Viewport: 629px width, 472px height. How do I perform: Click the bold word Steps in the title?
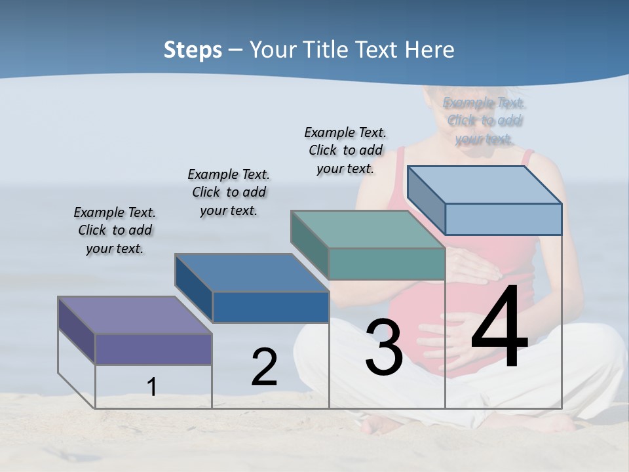(193, 50)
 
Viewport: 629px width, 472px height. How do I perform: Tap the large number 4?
(499, 328)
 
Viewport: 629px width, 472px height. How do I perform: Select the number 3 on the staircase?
(383, 347)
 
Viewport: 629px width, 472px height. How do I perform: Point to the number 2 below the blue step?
(264, 368)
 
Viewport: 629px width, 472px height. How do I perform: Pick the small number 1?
(152, 387)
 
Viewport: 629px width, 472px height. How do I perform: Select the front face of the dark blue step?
(271, 307)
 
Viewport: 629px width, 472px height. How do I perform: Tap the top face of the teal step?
(367, 229)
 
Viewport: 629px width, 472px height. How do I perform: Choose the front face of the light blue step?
(503, 219)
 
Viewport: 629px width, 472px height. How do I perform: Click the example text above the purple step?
(115, 230)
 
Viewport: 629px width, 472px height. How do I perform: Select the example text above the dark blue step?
(229, 192)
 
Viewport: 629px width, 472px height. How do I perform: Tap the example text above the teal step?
(345, 150)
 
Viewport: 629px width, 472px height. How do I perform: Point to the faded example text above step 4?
(484, 121)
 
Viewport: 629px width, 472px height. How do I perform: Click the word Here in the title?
(430, 50)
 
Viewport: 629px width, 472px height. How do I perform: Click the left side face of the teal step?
(309, 244)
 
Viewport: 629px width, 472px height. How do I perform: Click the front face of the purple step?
(153, 349)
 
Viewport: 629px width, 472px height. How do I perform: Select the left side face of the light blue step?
(426, 200)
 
